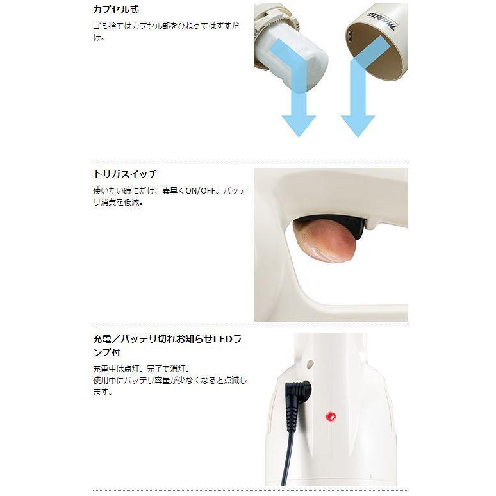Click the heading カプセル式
coord(116,10)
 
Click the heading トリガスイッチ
coord(125,174)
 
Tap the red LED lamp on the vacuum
coord(331,417)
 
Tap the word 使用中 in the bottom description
coord(105,381)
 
